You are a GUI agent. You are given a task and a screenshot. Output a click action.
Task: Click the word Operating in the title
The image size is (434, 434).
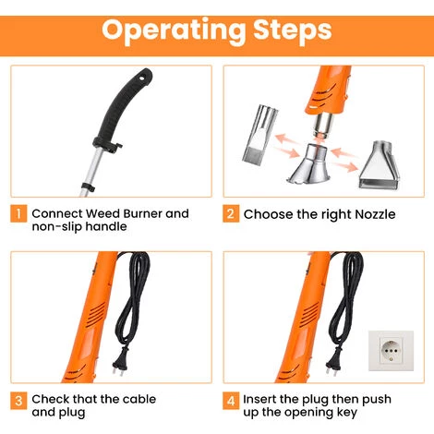tap(174, 31)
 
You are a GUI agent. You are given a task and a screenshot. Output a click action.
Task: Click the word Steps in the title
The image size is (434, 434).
tap(293, 30)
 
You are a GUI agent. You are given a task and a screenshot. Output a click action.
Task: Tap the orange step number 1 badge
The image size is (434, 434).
tap(18, 213)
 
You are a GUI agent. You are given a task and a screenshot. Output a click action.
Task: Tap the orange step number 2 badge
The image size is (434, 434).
tap(231, 213)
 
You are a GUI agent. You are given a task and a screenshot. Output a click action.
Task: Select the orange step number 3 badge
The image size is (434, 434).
tap(18, 401)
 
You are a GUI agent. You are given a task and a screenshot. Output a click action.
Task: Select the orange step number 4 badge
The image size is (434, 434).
tap(231, 401)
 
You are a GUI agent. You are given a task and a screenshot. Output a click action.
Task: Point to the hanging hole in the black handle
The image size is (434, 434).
tap(143, 78)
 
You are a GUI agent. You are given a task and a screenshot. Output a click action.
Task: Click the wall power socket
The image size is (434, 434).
tap(391, 351)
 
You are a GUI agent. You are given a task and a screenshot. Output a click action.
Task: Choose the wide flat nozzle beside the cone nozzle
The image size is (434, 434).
tap(379, 165)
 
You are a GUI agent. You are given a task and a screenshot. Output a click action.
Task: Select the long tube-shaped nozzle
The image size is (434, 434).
tap(259, 134)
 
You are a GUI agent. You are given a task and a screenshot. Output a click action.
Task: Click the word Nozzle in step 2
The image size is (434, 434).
tap(375, 214)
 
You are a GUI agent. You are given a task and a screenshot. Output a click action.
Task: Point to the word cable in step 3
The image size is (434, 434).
tap(138, 399)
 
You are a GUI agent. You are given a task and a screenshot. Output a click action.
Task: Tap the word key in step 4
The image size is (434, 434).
tap(346, 413)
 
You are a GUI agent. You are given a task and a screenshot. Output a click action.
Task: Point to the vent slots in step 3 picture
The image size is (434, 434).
tap(95, 314)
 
